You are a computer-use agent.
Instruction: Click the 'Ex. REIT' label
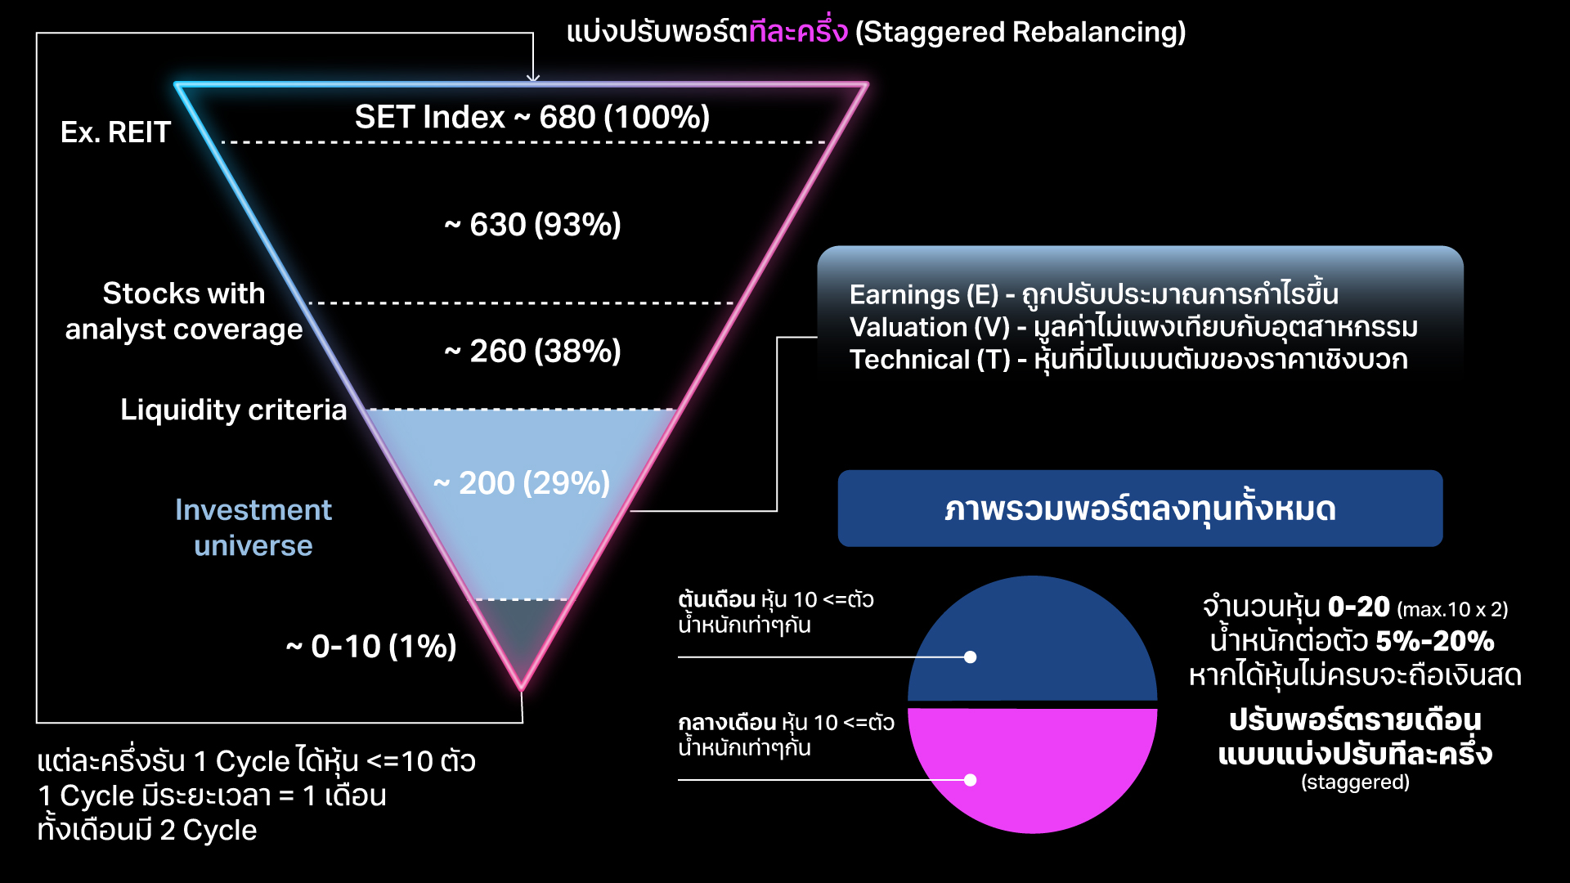[x=115, y=132]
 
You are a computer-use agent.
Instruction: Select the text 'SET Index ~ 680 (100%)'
[x=532, y=117]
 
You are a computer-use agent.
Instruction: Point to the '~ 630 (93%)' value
[x=532, y=225]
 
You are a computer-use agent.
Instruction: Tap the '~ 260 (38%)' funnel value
[x=532, y=352]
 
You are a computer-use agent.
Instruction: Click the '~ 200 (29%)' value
[x=522, y=483]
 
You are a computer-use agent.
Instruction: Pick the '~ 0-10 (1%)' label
[x=371, y=647]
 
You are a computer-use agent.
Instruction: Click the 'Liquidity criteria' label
[x=233, y=410]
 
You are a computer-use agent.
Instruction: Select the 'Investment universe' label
[x=253, y=527]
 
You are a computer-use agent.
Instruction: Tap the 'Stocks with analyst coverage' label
[x=184, y=312]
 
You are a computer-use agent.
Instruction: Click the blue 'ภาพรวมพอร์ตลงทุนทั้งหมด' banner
[x=1140, y=509]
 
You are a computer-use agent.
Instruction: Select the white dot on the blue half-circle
[x=970, y=657]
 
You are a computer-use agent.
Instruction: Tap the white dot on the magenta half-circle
[x=970, y=780]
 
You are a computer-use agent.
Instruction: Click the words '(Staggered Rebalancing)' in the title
[x=1020, y=32]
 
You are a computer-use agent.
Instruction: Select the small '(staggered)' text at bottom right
[x=1355, y=782]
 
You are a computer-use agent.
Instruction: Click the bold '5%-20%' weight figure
[x=1435, y=642]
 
